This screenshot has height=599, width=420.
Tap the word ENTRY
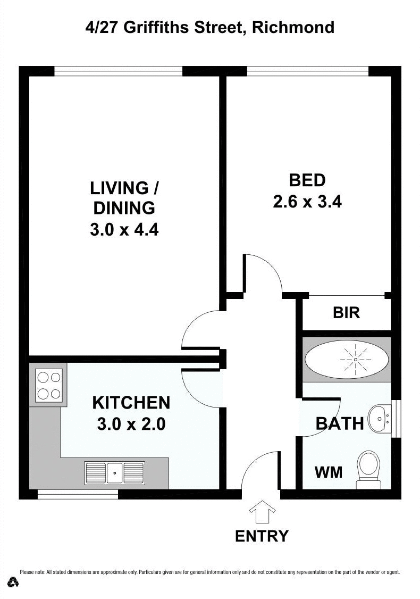(262, 536)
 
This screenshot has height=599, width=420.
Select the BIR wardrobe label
(347, 313)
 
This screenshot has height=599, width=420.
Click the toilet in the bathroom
(368, 469)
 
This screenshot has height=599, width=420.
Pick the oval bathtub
(347, 360)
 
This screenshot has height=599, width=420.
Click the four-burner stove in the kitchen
(49, 385)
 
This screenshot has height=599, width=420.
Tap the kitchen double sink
(114, 472)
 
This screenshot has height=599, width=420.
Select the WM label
(329, 472)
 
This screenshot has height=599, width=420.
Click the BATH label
(340, 423)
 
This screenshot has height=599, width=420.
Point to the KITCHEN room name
(131, 403)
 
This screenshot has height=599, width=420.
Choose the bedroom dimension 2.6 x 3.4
(307, 202)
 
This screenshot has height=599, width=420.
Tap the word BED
(307, 180)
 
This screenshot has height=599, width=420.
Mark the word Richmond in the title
(293, 27)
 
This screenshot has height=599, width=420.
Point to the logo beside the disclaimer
(13, 582)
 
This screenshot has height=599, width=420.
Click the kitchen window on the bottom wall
(78, 495)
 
